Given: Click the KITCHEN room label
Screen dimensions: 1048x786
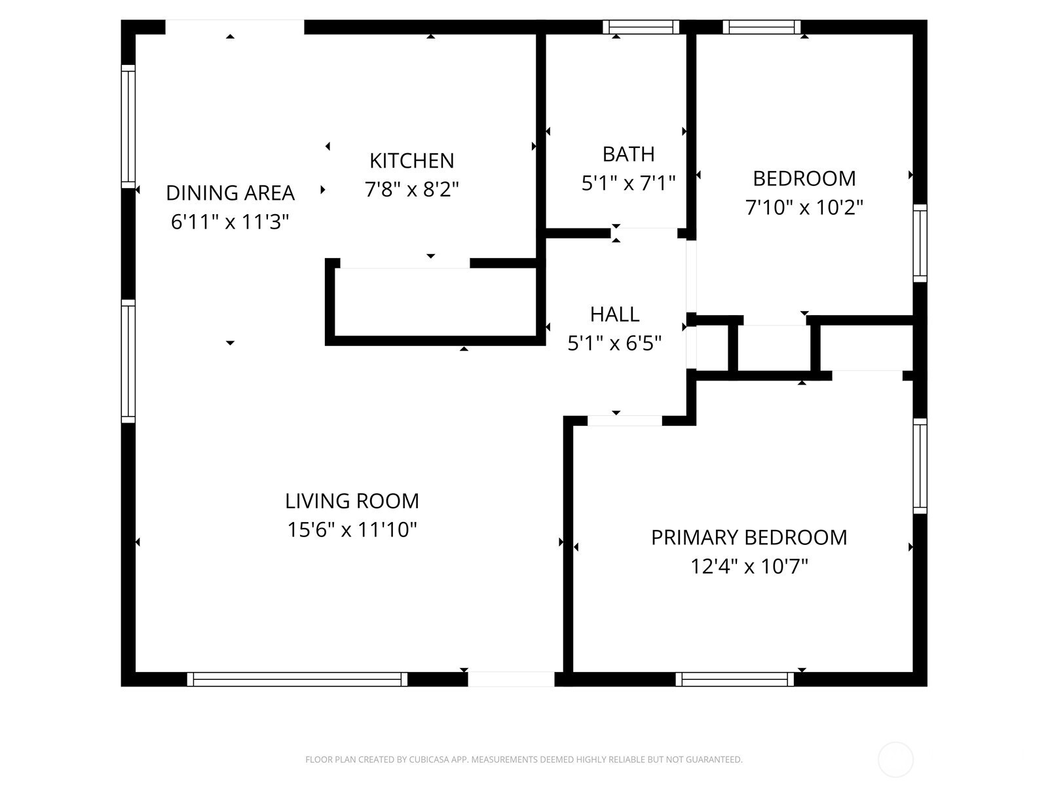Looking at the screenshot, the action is pyautogui.click(x=411, y=161).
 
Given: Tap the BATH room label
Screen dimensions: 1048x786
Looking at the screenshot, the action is pyautogui.click(x=628, y=154).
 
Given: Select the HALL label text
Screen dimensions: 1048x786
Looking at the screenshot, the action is pyautogui.click(x=614, y=314).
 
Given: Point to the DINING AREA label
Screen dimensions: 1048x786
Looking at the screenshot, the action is pyautogui.click(x=230, y=193).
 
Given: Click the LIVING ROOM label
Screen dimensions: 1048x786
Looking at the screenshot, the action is pyautogui.click(x=352, y=501).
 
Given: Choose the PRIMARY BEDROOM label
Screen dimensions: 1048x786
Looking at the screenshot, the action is pyautogui.click(x=749, y=537).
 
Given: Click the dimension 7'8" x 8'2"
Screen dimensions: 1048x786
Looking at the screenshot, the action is pyautogui.click(x=411, y=189).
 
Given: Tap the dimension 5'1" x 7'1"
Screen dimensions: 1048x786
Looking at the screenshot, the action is pyautogui.click(x=628, y=183).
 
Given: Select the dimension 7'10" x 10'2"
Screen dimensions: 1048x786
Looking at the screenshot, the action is pyautogui.click(x=804, y=208).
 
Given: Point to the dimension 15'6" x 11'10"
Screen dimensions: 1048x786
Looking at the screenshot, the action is pyautogui.click(x=352, y=530).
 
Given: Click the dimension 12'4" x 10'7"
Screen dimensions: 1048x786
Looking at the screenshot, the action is pyautogui.click(x=749, y=567).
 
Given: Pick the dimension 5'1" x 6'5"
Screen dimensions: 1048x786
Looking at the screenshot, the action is pyautogui.click(x=614, y=343).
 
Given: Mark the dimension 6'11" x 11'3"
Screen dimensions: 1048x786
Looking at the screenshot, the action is pyautogui.click(x=230, y=221).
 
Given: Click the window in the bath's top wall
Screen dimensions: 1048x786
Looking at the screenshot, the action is pyautogui.click(x=641, y=28).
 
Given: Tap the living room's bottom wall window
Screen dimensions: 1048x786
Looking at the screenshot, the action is pyautogui.click(x=297, y=679).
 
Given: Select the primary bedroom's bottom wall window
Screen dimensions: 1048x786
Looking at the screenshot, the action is pyautogui.click(x=734, y=679).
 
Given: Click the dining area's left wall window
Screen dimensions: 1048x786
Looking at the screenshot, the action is pyautogui.click(x=128, y=126).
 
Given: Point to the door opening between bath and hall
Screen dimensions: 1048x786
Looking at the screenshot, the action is pyautogui.click(x=644, y=233).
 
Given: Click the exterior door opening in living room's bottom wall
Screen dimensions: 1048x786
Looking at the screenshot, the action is pyautogui.click(x=511, y=679).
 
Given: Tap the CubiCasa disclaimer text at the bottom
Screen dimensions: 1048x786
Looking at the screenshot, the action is pyautogui.click(x=524, y=759).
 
